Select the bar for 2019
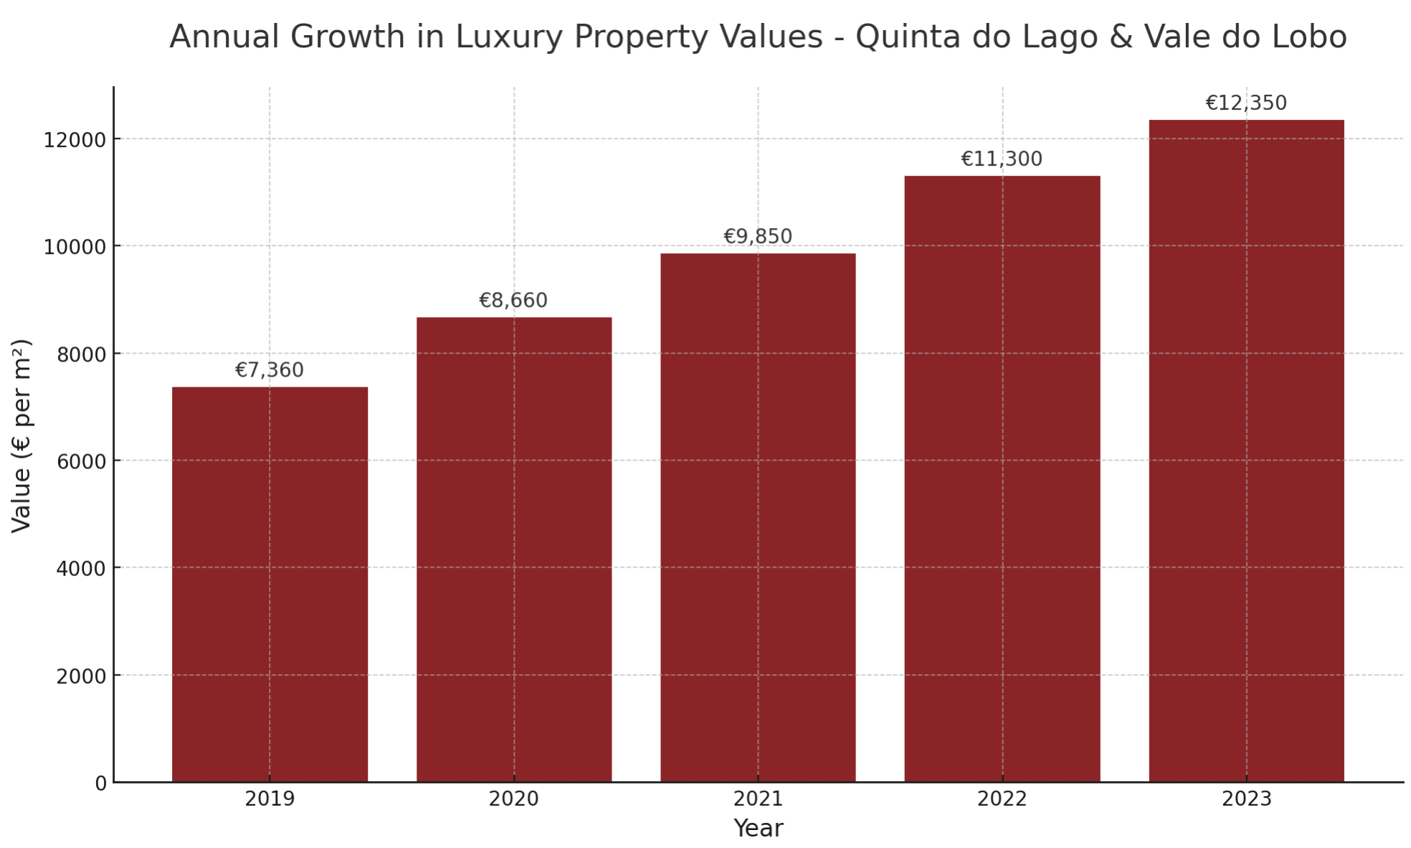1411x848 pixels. pyautogui.click(x=270, y=584)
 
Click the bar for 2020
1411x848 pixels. pyautogui.click(x=514, y=549)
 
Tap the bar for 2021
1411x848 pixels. pyautogui.click(x=758, y=517)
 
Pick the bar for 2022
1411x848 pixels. pyautogui.click(x=1002, y=479)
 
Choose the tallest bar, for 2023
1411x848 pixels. pyautogui.click(x=1246, y=451)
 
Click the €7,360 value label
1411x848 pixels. pyautogui.click(x=270, y=370)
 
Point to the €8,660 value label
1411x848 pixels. pyautogui.click(x=513, y=301)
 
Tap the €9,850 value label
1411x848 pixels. pyautogui.click(x=758, y=237)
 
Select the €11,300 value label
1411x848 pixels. pyautogui.click(x=1002, y=159)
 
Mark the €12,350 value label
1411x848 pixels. pyautogui.click(x=1246, y=103)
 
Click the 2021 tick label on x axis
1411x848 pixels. pyautogui.click(x=758, y=799)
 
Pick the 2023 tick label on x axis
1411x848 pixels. pyautogui.click(x=1246, y=799)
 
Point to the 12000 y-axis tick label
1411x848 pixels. pyautogui.click(x=75, y=140)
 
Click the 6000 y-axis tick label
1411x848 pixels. pyautogui.click(x=80, y=461)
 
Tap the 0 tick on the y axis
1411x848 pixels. pyautogui.click(x=100, y=783)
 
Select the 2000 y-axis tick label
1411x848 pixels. pyautogui.click(x=80, y=676)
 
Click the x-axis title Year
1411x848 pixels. pyautogui.click(x=758, y=829)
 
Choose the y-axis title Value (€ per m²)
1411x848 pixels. pyautogui.click(x=22, y=435)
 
